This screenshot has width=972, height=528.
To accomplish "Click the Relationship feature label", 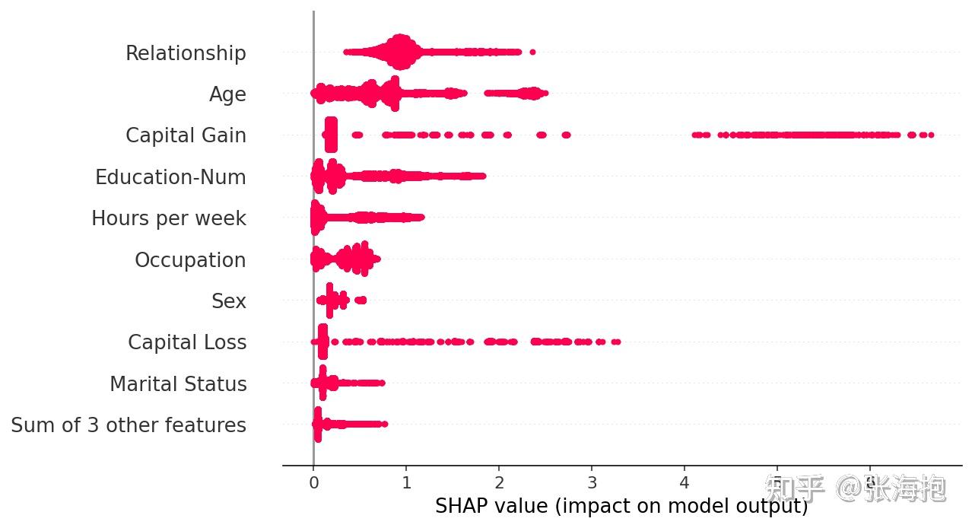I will tap(186, 53).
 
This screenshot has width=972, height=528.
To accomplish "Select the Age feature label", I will tap(227, 94).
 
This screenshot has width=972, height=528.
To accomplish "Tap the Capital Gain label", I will tap(186, 135).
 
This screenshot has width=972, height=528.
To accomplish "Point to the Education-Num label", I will tap(170, 177).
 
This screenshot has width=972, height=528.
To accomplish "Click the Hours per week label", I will tap(169, 218).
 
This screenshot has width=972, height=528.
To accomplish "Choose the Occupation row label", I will tap(190, 260).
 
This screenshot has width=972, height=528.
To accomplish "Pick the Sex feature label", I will tap(229, 301).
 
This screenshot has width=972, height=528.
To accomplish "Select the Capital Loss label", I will tap(187, 342).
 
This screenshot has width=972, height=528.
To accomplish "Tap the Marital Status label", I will tap(178, 384).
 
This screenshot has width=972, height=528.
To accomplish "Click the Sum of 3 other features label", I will tap(129, 425).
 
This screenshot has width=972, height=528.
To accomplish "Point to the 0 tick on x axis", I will tap(313, 482).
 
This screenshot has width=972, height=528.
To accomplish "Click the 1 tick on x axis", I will tap(406, 482).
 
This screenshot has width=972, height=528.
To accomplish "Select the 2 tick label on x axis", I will tap(499, 482).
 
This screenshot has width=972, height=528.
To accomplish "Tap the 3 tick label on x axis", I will tap(592, 482).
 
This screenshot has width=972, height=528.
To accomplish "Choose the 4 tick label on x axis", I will tap(685, 482).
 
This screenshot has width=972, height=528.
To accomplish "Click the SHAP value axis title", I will tap(621, 506).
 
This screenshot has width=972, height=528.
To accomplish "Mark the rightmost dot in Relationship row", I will tap(532, 52).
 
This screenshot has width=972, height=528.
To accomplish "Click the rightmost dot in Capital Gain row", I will tap(931, 135).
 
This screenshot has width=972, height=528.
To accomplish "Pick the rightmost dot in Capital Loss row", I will tap(617, 342).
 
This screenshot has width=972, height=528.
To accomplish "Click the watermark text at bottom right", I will tap(856, 488).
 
